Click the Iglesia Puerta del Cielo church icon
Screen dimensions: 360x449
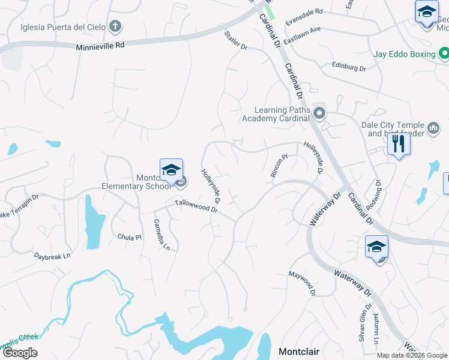point(115,26)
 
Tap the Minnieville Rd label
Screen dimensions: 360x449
point(100,45)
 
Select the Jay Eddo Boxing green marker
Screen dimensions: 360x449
point(444,55)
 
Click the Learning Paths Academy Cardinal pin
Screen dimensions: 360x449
point(319,113)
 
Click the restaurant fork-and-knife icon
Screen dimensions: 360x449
point(399,144)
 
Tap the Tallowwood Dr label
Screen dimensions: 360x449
point(195,206)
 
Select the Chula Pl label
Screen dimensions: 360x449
point(129,237)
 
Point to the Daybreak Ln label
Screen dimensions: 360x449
point(52,256)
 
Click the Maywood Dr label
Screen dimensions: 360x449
point(302,284)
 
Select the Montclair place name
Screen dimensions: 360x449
point(298,351)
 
